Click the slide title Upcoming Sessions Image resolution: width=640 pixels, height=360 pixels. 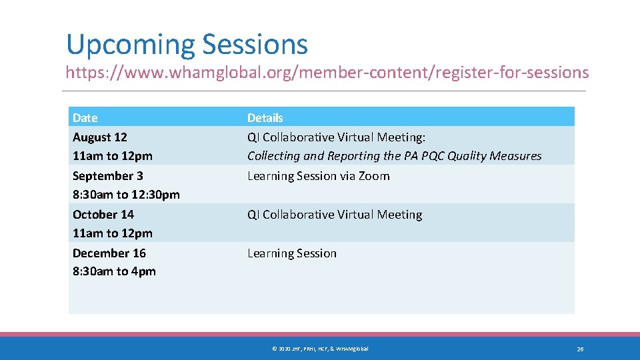pos(187,45)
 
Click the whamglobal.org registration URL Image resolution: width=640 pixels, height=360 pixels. pos(327,72)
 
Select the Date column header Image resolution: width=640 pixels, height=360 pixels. pos(85,118)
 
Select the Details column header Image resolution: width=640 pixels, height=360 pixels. pos(265,118)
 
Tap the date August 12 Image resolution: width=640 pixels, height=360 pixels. pos(99,137)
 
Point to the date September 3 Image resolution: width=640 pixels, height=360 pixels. pos(107,176)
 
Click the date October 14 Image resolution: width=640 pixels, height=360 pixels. pos(103,215)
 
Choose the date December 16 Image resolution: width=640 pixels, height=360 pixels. pos(109,253)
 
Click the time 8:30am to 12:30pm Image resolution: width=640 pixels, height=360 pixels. pos(126,195)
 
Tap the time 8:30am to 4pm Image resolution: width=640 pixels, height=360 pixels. pos(114,271)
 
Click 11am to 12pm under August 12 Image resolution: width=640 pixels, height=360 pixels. pos(112,156)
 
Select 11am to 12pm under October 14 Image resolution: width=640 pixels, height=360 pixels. pos(112,233)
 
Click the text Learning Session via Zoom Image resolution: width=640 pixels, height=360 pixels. pos(318,176)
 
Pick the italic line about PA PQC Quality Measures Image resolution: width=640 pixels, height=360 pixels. pos(394,156)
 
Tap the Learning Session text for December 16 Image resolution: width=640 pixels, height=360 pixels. pos(292,253)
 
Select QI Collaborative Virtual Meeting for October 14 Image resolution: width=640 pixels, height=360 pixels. pos(335,215)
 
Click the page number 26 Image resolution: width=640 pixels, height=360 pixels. pos(580,349)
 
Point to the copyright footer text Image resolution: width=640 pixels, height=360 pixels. pos(319,349)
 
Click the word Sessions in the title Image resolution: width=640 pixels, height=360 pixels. pos(255,45)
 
